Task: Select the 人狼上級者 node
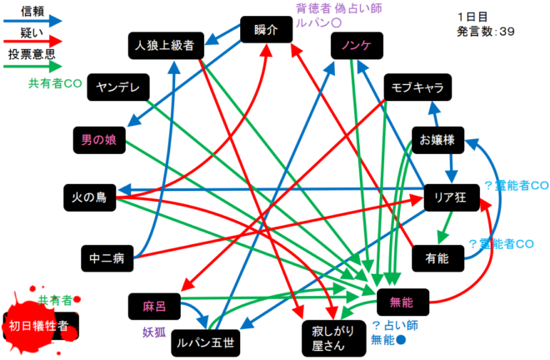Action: pos(164,46)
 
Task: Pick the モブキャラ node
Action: pos(418,87)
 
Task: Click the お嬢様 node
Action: pos(437,140)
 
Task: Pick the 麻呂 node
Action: pos(154,307)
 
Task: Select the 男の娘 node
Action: pos(99,139)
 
